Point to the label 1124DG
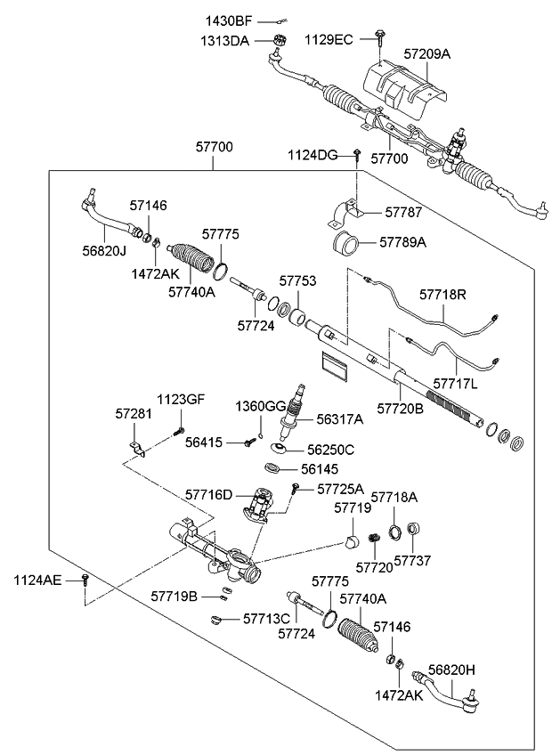(x=313, y=156)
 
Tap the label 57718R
(x=444, y=292)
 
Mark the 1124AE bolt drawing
(x=85, y=580)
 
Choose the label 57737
(x=412, y=561)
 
